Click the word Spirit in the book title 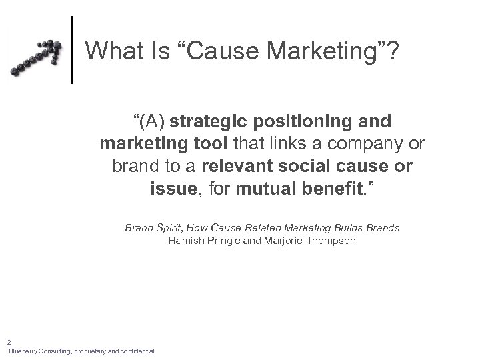[167, 228]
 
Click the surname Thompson [331, 240]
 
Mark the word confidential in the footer [136, 351]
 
